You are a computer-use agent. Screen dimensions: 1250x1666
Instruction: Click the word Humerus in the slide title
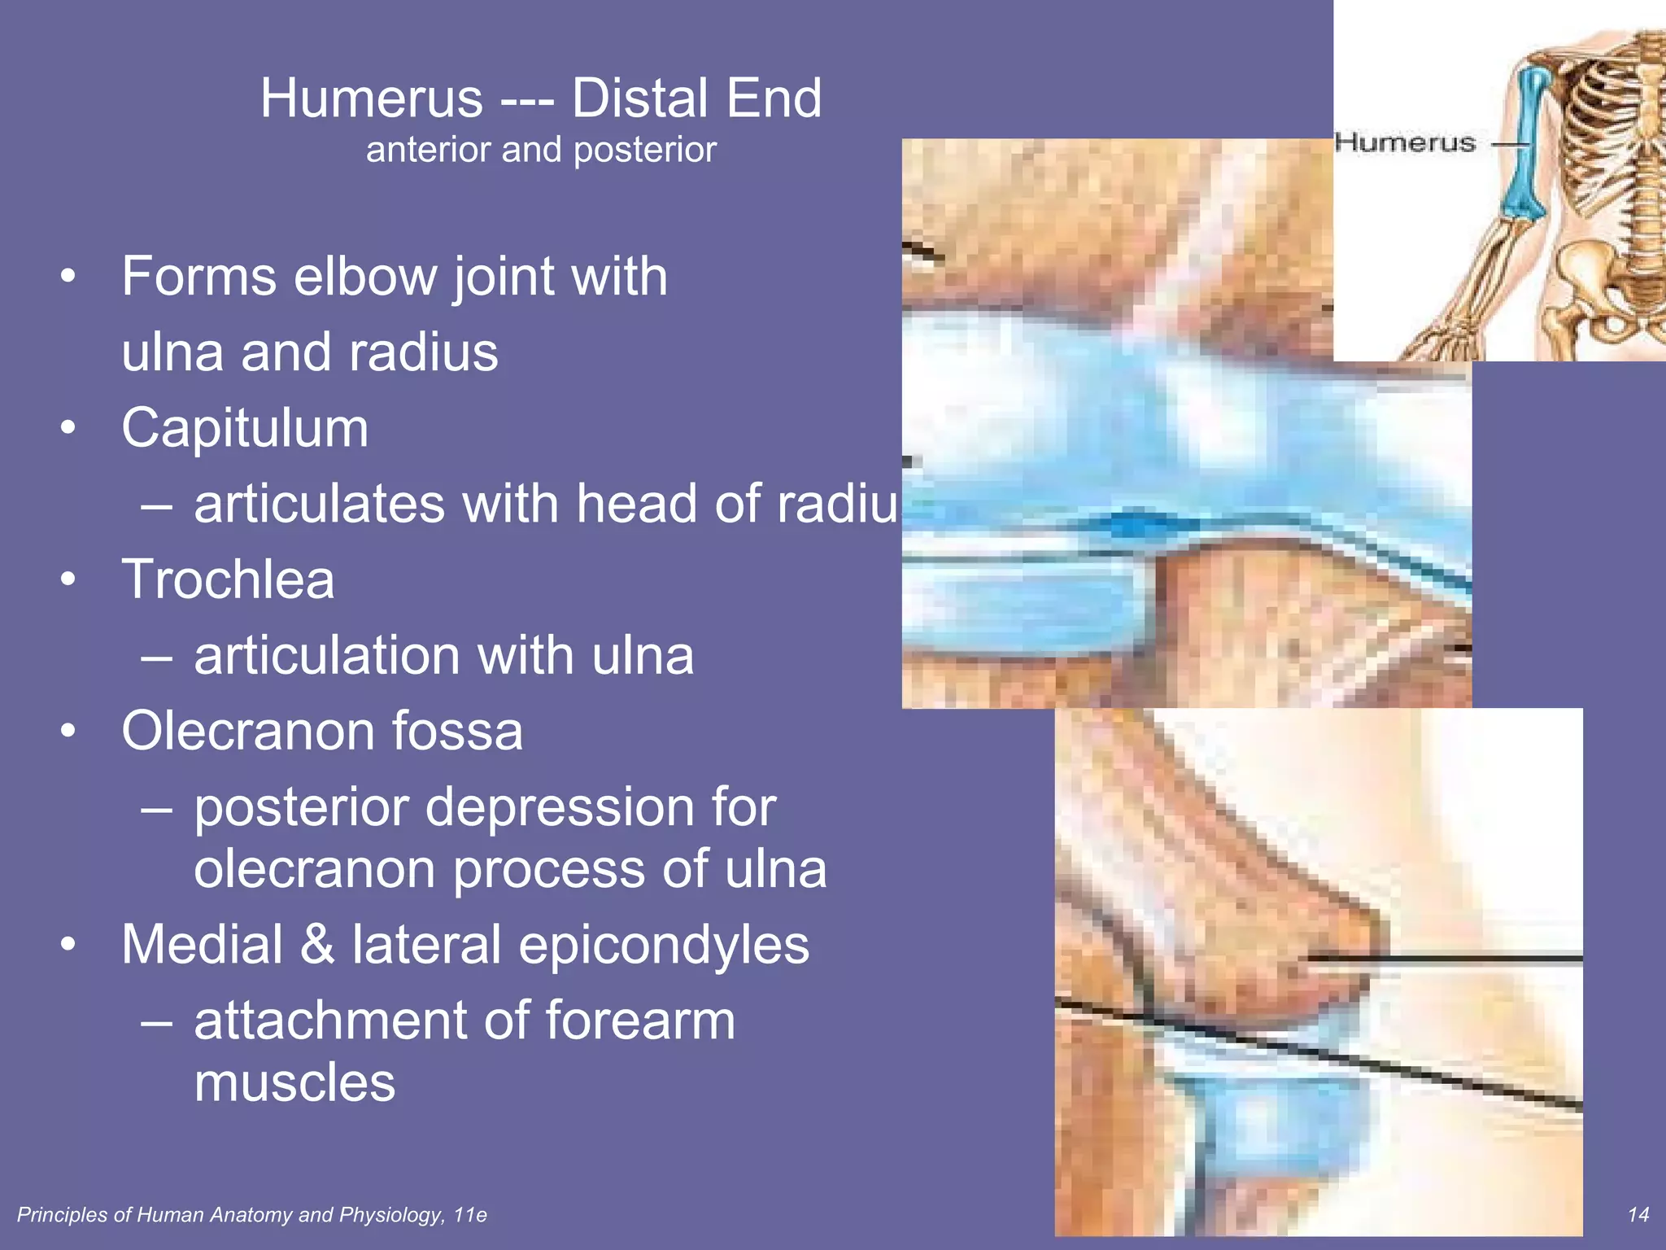[372, 99]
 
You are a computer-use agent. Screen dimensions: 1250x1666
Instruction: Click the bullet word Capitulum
[245, 429]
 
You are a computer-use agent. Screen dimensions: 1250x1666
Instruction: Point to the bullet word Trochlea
[228, 580]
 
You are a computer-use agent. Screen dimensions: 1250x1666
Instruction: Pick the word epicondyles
[663, 945]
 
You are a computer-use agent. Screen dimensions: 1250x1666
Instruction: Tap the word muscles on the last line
[294, 1083]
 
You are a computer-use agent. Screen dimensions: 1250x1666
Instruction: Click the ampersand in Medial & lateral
[317, 945]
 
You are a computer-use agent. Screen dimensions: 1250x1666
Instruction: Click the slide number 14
[1638, 1215]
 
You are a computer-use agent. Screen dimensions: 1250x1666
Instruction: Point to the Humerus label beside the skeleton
[1405, 143]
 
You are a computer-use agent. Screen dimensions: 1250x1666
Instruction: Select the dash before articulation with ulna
[156, 656]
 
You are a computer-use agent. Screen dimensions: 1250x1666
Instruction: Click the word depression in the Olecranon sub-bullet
[560, 808]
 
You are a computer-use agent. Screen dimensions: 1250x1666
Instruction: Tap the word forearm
[639, 1021]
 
